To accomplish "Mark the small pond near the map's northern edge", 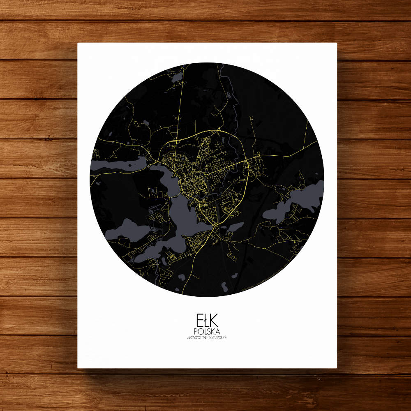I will click(x=178, y=77).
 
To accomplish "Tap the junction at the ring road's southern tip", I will click(x=214, y=226).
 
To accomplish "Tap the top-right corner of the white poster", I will click(x=336, y=43).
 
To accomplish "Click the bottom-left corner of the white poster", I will click(x=78, y=368).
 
